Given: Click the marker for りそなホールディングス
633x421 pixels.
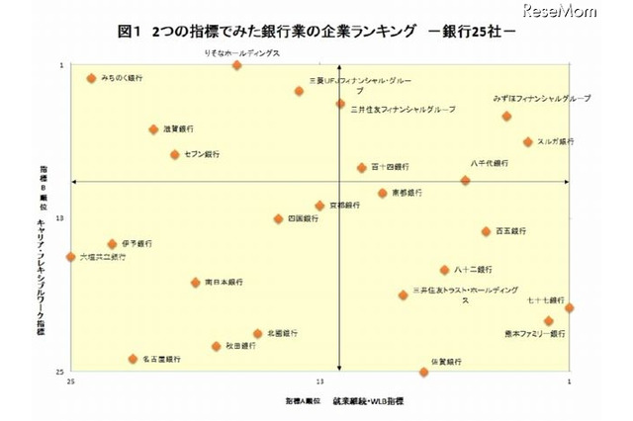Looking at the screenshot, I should [x=236, y=65].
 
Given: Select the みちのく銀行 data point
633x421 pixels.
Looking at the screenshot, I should [x=91, y=78].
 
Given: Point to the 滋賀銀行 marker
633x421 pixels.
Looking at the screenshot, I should [x=153, y=129].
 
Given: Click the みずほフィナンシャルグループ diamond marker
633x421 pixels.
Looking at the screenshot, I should [x=506, y=117].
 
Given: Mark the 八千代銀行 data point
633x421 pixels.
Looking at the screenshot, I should [x=465, y=181].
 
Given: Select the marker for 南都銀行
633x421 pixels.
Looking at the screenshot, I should [x=382, y=193].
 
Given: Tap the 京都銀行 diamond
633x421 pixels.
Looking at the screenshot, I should [x=319, y=206].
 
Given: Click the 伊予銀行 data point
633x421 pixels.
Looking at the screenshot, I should [x=112, y=244].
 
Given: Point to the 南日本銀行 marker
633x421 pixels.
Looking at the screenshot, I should [x=195, y=283].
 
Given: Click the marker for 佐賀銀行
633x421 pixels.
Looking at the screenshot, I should [x=423, y=372].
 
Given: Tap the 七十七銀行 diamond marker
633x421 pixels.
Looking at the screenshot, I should [x=569, y=308].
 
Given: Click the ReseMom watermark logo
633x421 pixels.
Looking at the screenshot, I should [x=588, y=16].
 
